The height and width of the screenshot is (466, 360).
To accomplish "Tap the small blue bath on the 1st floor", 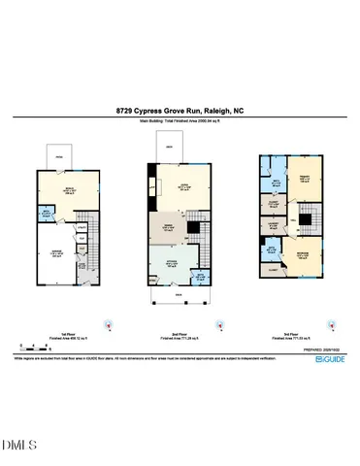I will (47, 216).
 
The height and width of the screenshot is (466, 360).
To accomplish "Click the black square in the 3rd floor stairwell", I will (305, 219).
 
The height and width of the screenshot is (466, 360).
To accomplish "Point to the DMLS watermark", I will (21, 446).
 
